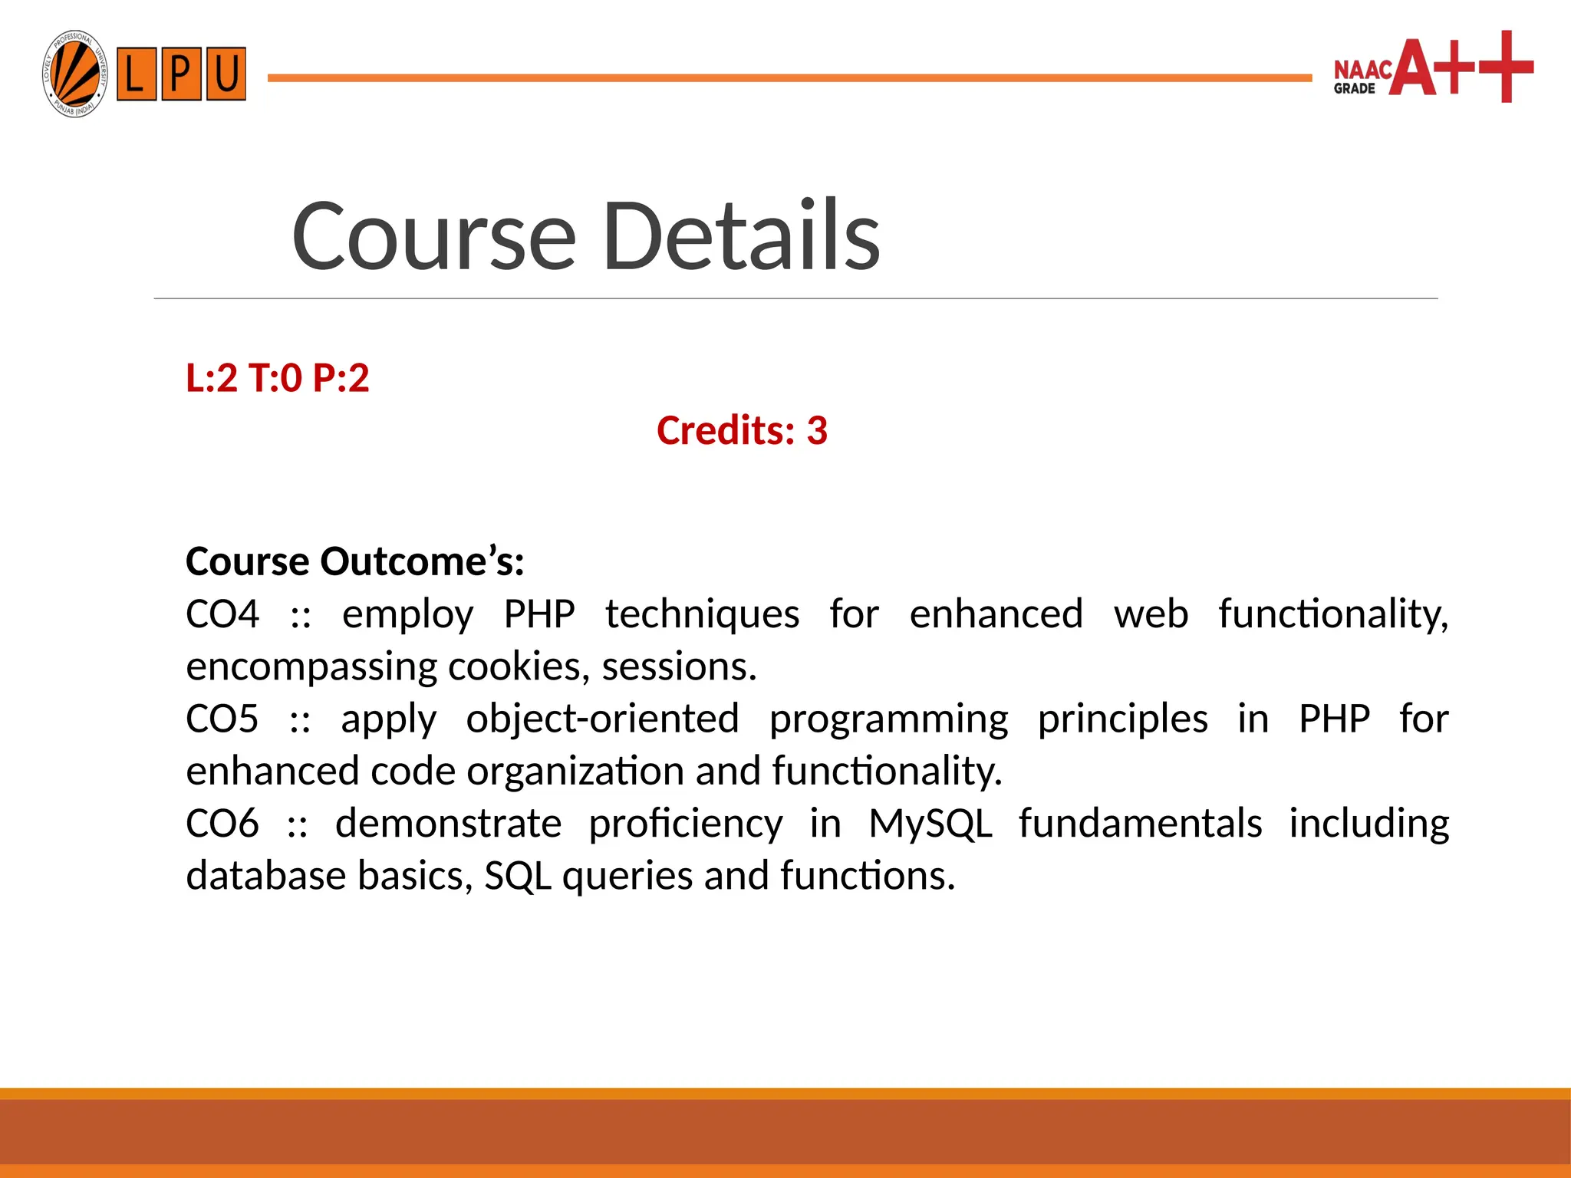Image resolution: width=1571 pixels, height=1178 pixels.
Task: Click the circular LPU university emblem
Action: pyautogui.click(x=74, y=74)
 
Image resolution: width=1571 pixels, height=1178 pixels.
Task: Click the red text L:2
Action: pyautogui.click(x=212, y=378)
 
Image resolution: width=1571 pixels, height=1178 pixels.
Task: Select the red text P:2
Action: pyautogui.click(x=341, y=378)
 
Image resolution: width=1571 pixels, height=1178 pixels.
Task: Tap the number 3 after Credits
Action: pyautogui.click(x=817, y=430)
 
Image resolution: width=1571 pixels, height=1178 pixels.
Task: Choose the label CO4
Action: pyautogui.click(x=222, y=614)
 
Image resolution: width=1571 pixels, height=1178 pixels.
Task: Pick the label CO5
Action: pyautogui.click(x=222, y=719)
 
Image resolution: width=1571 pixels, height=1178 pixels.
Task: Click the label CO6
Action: pyautogui.click(x=222, y=824)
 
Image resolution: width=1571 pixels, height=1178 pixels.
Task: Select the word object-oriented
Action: pyautogui.click(x=602, y=719)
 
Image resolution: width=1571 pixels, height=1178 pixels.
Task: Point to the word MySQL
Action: pyautogui.click(x=930, y=824)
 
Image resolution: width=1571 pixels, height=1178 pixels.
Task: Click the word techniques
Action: pyautogui.click(x=702, y=614)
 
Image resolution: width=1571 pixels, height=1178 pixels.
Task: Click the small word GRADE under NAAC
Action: pyautogui.click(x=1354, y=89)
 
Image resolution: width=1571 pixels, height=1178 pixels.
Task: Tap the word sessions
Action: pyautogui.click(x=678, y=666)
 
